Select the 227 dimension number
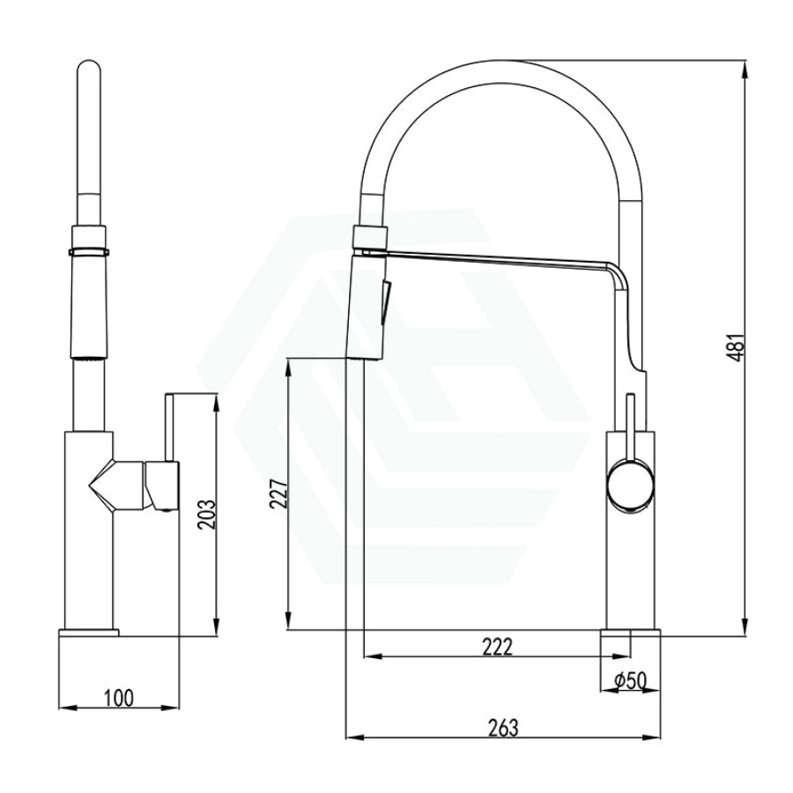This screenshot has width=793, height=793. tap(279, 494)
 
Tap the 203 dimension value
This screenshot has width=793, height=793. tap(207, 515)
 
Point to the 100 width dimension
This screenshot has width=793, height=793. tap(119, 698)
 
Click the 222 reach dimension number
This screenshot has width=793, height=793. tap(497, 647)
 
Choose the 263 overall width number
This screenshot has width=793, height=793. tap(503, 728)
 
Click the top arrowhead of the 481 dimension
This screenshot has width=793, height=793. tap(745, 70)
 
